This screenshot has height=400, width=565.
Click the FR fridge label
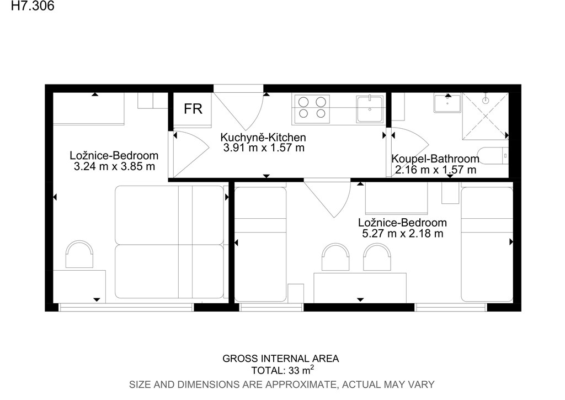click(x=193, y=109)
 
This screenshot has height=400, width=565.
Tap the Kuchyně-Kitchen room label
click(x=263, y=138)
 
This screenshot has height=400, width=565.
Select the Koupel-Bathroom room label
click(x=435, y=159)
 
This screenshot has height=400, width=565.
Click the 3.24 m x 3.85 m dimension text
click(x=114, y=166)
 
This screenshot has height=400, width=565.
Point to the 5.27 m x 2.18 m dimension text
click(x=402, y=233)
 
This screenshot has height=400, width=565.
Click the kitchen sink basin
click(x=370, y=109)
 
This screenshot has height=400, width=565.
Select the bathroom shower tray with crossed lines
click(x=486, y=116)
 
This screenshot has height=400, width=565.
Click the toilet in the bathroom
click(x=494, y=156)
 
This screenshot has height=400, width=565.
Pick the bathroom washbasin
click(x=447, y=103)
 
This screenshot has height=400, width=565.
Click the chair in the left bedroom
click(x=79, y=255)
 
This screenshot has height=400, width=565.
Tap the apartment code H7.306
click(x=33, y=6)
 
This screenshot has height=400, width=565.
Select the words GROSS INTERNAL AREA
click(x=281, y=359)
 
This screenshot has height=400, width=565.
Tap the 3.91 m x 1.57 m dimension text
click(x=264, y=148)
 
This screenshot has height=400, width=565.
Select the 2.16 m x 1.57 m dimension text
click(x=436, y=170)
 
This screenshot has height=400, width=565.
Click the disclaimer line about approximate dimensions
click(x=282, y=385)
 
